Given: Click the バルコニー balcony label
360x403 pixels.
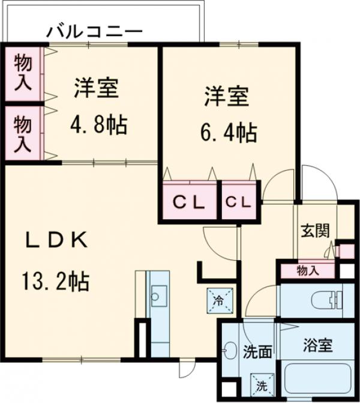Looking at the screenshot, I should pos(95,31).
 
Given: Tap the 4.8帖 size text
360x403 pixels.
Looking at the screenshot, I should pos(98,125).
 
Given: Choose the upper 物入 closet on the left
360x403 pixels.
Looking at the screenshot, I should pos(23,73).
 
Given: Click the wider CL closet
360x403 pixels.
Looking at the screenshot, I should pos(189,202).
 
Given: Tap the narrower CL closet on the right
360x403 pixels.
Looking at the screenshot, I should pos(239,202).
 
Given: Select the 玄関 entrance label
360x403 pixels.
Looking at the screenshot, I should pos(314,230).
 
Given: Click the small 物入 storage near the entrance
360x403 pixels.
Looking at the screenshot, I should pos(308,271).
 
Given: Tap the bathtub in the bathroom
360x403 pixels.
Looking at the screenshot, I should pos(319,380).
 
